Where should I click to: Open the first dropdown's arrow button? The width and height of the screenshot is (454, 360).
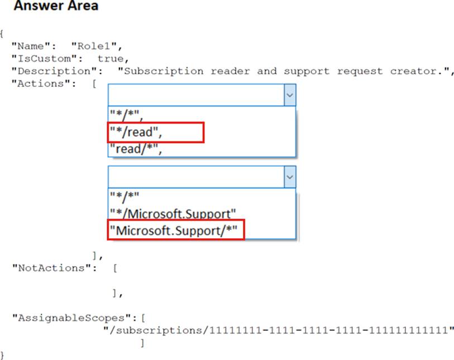click(289, 95)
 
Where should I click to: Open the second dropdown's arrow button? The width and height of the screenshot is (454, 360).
click(289, 177)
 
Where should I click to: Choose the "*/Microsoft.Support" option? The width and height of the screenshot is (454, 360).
click(173, 214)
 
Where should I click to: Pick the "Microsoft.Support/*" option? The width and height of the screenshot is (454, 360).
click(176, 230)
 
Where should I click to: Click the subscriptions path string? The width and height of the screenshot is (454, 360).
click(279, 330)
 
